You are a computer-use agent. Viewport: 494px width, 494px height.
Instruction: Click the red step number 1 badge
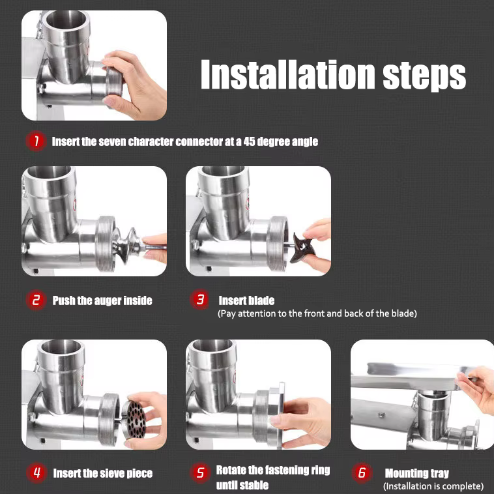coord(36,141)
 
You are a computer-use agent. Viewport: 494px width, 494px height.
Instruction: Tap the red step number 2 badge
coord(36,300)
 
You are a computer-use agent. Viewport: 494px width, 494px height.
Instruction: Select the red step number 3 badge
coord(201,300)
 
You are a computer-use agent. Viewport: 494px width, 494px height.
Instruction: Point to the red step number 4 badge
coord(36,473)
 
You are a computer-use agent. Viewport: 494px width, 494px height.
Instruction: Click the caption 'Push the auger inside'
coord(102,300)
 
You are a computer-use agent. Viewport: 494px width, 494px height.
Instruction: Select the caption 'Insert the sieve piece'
coord(102,474)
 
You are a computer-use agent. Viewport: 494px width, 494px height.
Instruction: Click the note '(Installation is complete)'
coord(433,486)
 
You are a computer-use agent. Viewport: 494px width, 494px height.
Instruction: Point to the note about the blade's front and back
coord(317,313)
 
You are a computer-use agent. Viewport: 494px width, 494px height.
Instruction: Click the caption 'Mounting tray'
coord(416,474)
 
